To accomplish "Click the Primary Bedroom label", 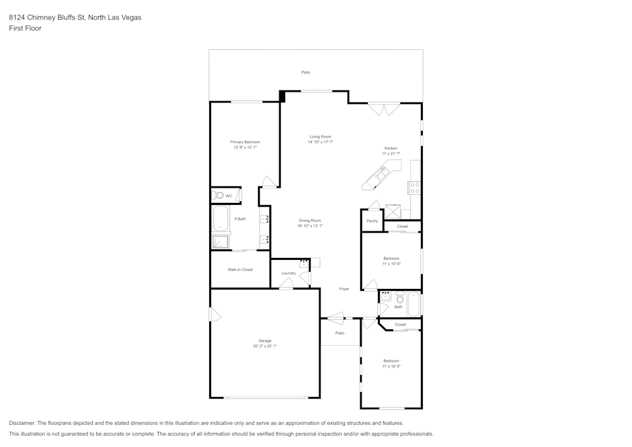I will (x=245, y=142).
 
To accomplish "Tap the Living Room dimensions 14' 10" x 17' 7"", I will (x=320, y=142).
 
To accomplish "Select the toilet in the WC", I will (x=218, y=195).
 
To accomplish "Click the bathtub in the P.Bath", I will (x=221, y=219).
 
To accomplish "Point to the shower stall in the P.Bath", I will (x=220, y=242).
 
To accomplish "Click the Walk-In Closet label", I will (x=240, y=269).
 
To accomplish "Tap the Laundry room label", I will (x=289, y=273).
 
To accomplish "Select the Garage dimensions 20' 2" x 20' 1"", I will (x=265, y=346).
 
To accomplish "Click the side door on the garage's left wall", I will (x=214, y=314).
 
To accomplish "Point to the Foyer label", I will (x=344, y=289).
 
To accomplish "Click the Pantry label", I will (x=372, y=221).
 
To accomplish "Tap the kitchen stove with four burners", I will (x=415, y=187).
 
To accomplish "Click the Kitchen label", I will (x=391, y=148).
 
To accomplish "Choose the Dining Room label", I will (x=310, y=221).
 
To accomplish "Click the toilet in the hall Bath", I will (x=400, y=298).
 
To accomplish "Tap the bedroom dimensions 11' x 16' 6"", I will (x=391, y=366).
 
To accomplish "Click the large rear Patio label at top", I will (x=306, y=72).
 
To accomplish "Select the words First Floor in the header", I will (x=25, y=28).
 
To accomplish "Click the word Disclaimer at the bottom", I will (x=22, y=423).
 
